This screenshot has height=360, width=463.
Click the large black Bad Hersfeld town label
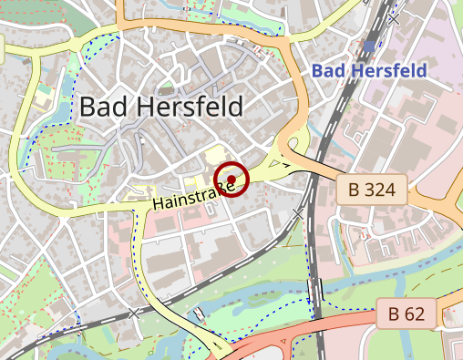161,107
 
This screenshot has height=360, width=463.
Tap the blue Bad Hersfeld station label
368,70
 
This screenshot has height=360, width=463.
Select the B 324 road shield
372,190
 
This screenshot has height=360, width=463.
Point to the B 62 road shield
406,314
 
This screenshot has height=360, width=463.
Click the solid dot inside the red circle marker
231,179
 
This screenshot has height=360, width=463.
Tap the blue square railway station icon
368,45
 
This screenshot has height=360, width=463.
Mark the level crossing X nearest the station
394,17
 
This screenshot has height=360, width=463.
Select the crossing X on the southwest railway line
136,313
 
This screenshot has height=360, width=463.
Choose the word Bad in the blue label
328,70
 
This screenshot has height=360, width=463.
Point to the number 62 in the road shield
415,314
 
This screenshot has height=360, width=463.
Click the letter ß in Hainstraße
216,190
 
